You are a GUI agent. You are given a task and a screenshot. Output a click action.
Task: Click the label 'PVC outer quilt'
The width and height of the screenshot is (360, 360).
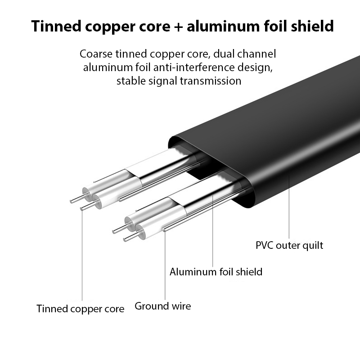coord(289,246)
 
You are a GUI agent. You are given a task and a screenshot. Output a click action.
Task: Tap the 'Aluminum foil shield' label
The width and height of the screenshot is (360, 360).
coord(216,272)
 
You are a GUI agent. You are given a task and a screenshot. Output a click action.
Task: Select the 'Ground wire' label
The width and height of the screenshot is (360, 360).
coord(162,306)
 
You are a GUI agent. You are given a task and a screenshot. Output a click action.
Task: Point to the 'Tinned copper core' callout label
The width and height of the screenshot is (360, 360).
coord(80,309)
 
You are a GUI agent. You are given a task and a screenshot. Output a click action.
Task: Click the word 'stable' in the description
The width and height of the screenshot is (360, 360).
coord(130,81)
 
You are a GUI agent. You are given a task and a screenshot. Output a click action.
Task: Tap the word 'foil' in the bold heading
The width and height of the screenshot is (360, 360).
coord(275,26)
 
